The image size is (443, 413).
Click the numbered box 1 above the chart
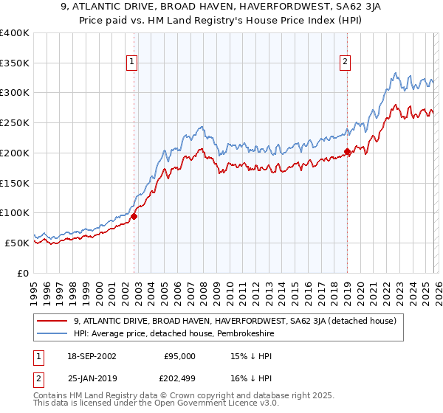131,63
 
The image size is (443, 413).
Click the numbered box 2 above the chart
345,63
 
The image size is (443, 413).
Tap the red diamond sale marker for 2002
134,216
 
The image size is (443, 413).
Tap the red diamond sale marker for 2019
347,152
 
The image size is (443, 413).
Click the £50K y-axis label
17,243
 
